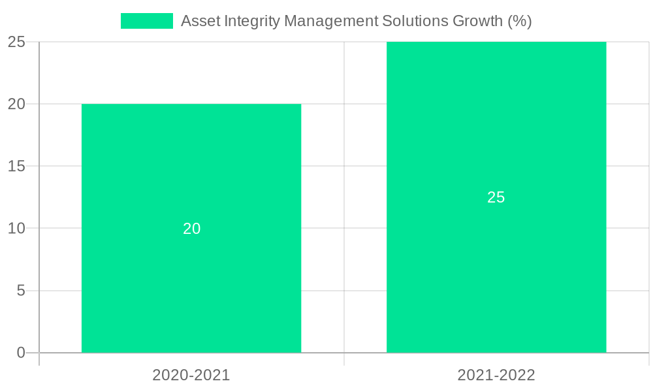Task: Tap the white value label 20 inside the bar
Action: [191, 229]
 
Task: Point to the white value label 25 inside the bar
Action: [496, 197]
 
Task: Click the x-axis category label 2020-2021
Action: [191, 375]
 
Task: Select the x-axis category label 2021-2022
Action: [496, 375]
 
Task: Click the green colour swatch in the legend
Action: [147, 21]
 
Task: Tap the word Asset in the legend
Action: [200, 21]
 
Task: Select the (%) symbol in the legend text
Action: [520, 21]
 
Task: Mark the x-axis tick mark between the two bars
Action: [344, 359]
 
